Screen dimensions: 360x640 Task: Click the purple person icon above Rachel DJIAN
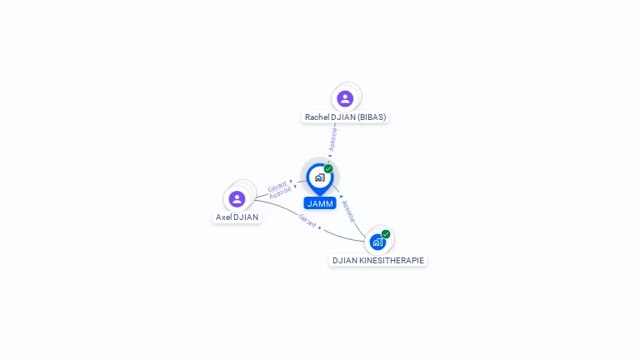point(345,98)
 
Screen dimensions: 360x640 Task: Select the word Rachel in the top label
point(317,117)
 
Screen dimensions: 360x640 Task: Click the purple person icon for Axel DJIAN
point(237,198)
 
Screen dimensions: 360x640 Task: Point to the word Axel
point(223,217)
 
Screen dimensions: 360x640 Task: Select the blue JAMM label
point(320,203)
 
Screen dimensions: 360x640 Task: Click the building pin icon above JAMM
point(319,177)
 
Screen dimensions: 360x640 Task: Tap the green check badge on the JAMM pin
point(328,168)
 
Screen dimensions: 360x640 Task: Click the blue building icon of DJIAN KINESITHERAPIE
point(377,242)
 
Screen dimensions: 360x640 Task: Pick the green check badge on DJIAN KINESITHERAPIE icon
point(386,234)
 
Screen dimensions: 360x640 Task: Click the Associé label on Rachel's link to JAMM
point(333,138)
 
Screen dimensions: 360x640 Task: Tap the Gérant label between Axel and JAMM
point(277,186)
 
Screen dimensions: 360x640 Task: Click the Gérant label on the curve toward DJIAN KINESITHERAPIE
point(307,222)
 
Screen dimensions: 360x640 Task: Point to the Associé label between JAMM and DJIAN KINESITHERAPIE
point(348,212)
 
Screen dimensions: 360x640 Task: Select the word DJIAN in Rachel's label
point(343,117)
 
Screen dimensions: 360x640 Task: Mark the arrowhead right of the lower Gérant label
point(320,227)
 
